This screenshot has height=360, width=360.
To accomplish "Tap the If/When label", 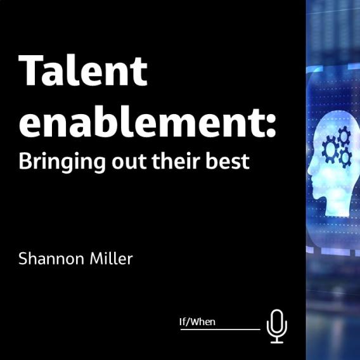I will click(x=197, y=322).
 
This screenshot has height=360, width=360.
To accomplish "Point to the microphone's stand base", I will click(x=277, y=341).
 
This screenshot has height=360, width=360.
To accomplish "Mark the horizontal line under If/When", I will click(x=220, y=330).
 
